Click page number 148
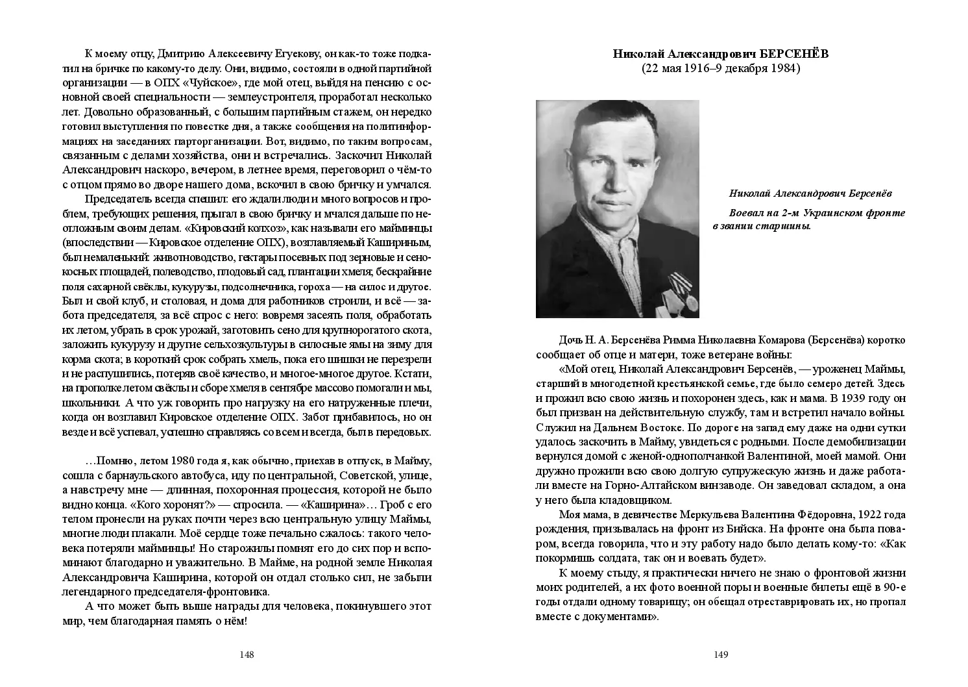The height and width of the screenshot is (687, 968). pos(247,655)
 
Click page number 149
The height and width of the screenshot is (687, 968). pos(721,655)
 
